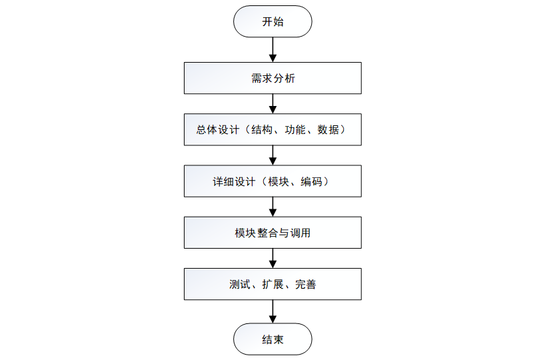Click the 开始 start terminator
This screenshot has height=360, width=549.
(273, 21)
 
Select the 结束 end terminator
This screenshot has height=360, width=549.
(273, 339)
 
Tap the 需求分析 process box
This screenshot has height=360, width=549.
(273, 78)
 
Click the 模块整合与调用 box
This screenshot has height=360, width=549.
(273, 233)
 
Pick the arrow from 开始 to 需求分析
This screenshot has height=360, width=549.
(273, 50)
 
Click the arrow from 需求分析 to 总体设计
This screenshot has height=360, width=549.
(273, 103)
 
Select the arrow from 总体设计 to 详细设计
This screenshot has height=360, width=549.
(273, 155)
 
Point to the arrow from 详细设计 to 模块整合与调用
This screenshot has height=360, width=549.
(273, 207)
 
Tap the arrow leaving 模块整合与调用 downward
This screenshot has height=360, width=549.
(273, 258)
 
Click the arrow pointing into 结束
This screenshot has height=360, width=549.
(273, 311)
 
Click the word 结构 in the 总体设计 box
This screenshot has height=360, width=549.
(262, 129)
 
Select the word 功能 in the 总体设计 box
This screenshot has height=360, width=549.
(294, 129)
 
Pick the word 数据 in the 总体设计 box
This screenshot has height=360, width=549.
(328, 129)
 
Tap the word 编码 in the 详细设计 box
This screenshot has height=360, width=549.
(311, 181)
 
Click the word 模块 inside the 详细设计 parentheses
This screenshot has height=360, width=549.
(278, 181)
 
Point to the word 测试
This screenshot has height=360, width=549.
(240, 284)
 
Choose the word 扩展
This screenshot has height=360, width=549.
(273, 284)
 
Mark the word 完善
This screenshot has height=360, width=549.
(306, 284)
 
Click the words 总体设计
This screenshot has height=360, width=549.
(217, 129)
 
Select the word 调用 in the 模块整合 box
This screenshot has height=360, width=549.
(300, 233)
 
